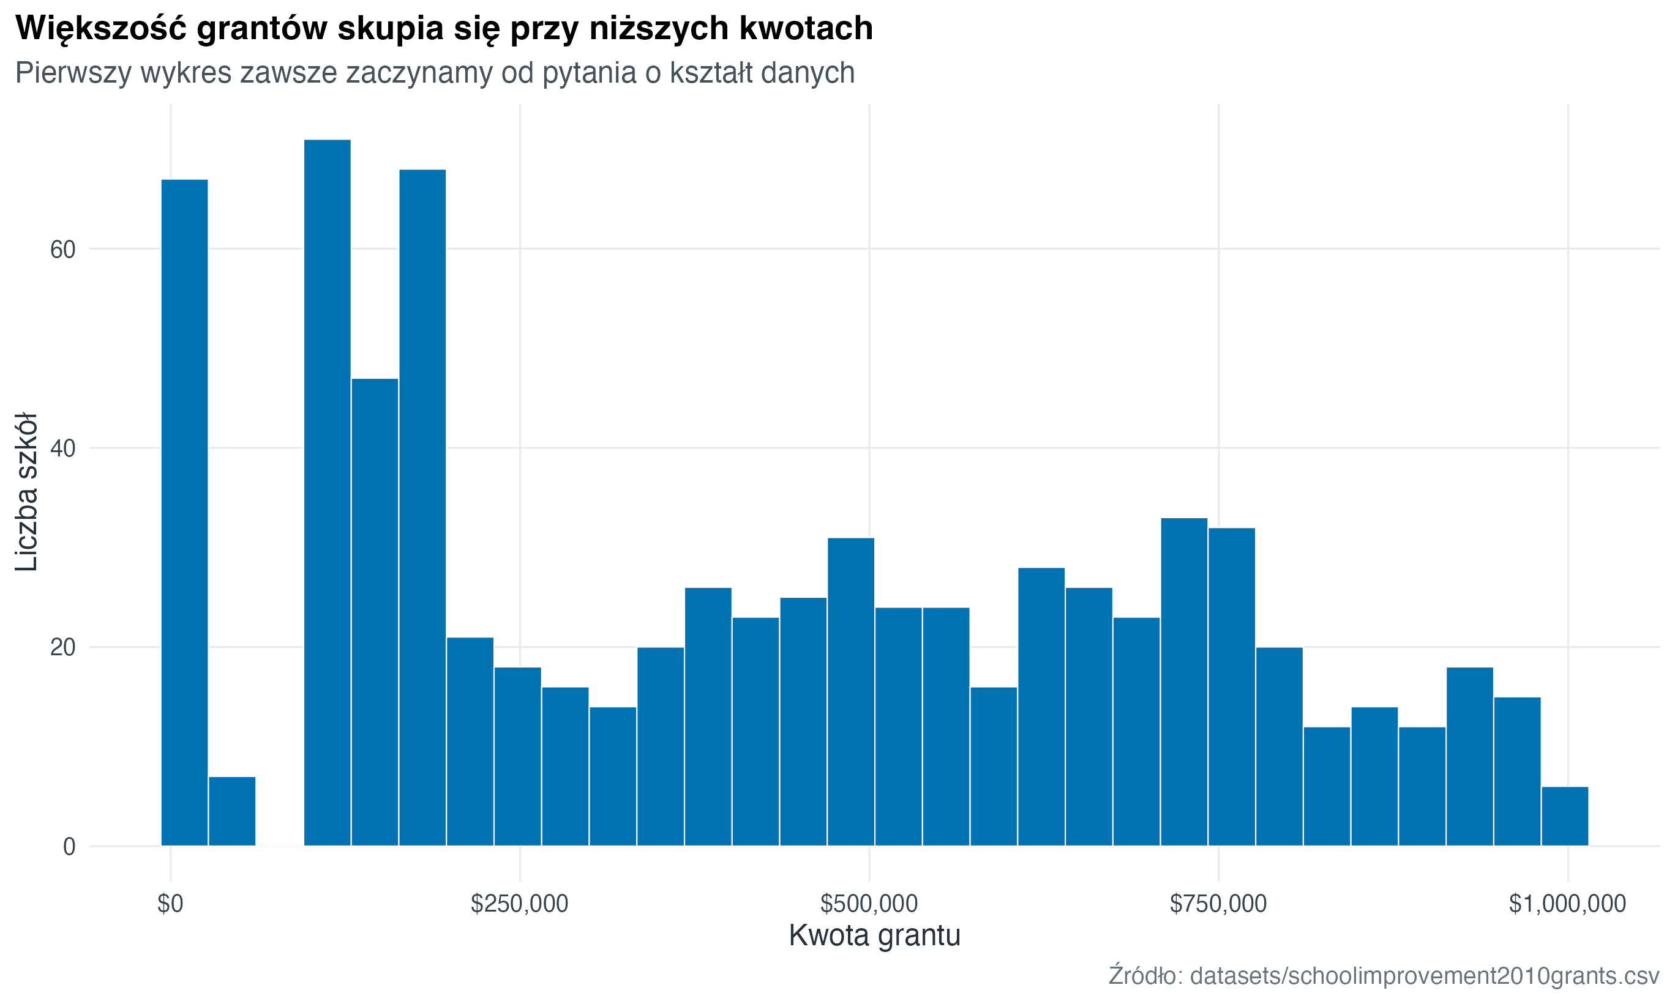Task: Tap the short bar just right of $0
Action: tap(231, 811)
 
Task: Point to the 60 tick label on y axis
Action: tap(62, 250)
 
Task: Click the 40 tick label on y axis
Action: tap(62, 448)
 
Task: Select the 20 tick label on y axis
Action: tap(62, 647)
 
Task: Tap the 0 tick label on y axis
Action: tap(69, 846)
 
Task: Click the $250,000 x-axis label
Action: tap(519, 904)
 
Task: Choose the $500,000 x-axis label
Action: tap(868, 904)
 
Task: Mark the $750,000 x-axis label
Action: tap(1218, 904)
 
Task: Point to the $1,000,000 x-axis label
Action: tap(1567, 904)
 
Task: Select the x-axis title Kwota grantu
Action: tap(874, 935)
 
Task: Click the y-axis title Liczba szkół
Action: tap(27, 492)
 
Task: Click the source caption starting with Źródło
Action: tap(1384, 976)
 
